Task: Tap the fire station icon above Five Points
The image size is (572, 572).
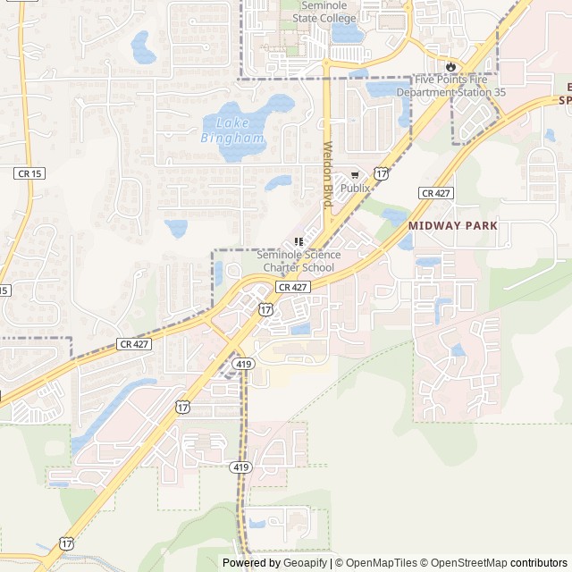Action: click(450, 66)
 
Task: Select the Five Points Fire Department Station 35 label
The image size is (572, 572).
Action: click(450, 86)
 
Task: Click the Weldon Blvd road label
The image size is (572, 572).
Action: click(328, 176)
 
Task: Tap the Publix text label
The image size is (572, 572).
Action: click(355, 189)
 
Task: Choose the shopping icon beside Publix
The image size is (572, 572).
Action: click(355, 175)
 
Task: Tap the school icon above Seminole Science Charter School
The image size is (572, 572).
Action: click(299, 241)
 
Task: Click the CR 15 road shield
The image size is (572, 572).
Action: click(29, 172)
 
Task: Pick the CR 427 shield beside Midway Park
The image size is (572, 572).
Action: click(437, 193)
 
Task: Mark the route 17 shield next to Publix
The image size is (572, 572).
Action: click(382, 172)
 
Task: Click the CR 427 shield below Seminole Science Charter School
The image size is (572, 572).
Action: click(292, 287)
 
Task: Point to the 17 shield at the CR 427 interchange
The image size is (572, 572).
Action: click(266, 308)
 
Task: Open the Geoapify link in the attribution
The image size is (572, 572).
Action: click(305, 563)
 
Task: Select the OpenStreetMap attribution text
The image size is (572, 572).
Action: click(466, 563)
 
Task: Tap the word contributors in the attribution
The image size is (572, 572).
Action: click(539, 563)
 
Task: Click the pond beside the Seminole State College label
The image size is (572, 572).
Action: click(348, 34)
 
